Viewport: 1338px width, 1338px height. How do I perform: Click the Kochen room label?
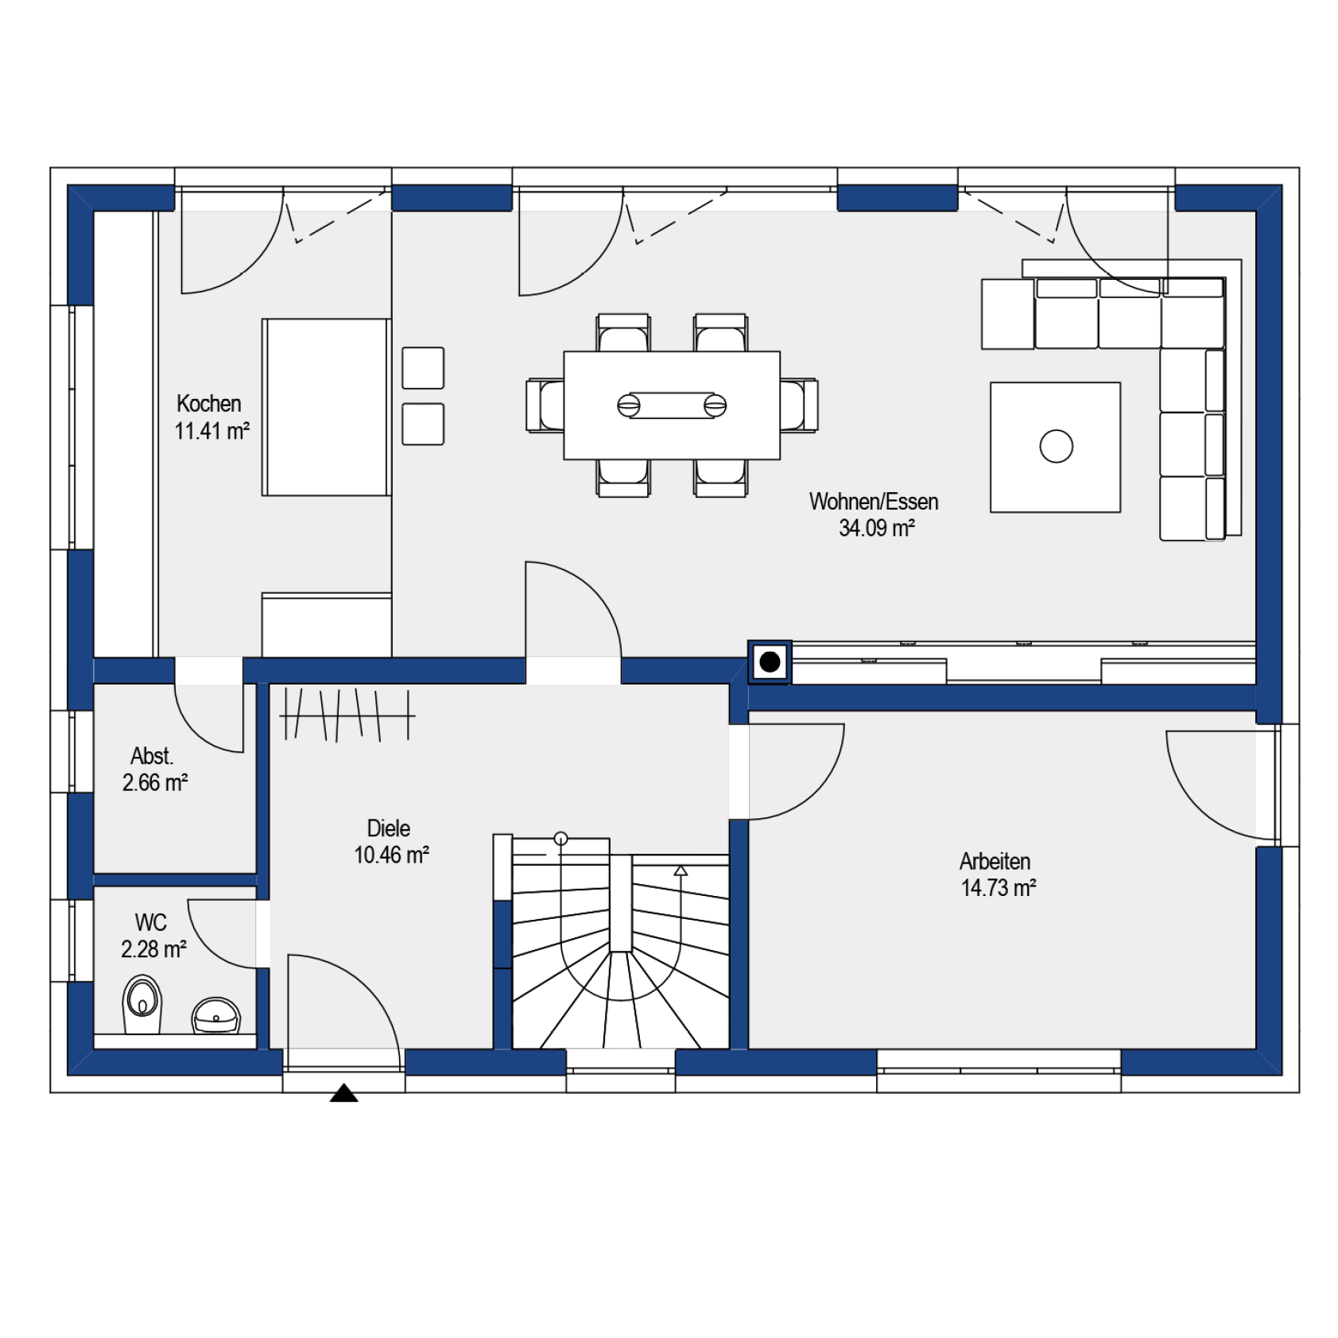coord(208,403)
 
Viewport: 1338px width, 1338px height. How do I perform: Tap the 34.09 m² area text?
coord(876,528)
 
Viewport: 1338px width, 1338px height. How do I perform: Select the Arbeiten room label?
coord(995,861)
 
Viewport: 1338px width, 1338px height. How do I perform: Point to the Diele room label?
coord(389,828)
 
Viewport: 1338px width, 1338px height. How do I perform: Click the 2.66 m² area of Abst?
coord(155,783)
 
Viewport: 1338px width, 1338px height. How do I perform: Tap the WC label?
coord(150,922)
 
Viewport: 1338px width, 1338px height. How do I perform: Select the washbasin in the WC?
coord(215,1016)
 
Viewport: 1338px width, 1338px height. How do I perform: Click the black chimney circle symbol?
coord(770,661)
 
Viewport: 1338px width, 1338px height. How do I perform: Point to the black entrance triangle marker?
coord(343,1093)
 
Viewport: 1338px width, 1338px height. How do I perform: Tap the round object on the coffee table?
coord(1056,446)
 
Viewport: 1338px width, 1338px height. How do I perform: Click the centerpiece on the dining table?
coord(672,405)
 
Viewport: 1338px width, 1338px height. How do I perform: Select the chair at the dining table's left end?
coord(545,405)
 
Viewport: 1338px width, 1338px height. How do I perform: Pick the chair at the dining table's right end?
coord(799,405)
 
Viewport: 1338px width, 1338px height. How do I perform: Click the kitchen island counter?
coord(326,407)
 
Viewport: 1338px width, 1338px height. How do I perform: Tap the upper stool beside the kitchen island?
coord(423,368)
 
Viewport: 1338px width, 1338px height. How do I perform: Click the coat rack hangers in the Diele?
coord(347,715)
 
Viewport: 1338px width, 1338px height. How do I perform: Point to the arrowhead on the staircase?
coord(681,871)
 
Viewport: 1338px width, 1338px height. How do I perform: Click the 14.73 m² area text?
coord(999,888)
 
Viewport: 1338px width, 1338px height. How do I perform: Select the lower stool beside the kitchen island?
coord(423,424)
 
